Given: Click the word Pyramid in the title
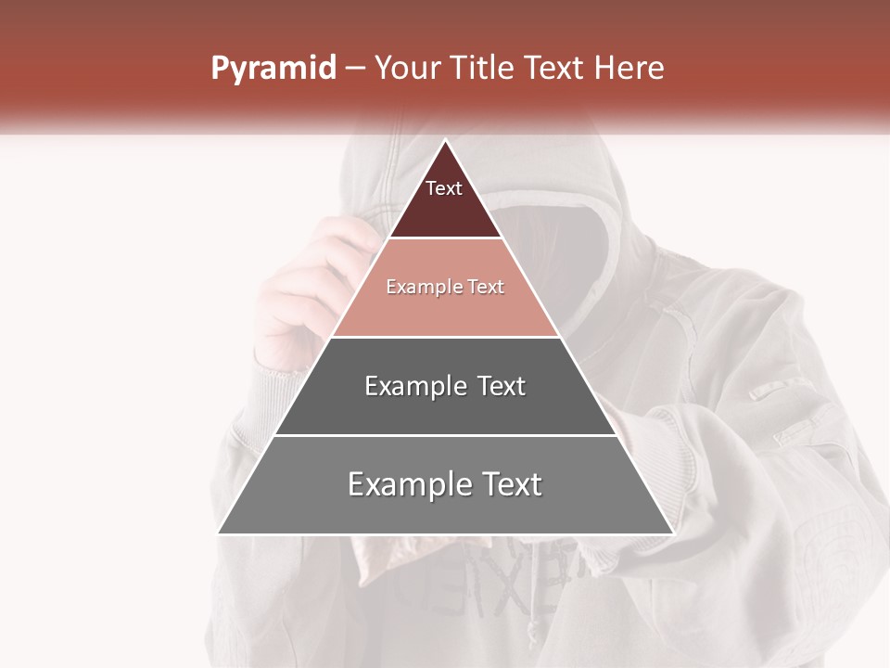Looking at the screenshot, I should click(x=273, y=69).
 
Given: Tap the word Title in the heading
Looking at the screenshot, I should click(x=484, y=68).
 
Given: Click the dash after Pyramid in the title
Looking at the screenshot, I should click(x=354, y=69).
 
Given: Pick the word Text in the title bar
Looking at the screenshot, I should click(x=555, y=68).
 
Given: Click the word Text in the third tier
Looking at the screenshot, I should click(x=501, y=386).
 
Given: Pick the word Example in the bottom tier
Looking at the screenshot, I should click(x=408, y=484).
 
